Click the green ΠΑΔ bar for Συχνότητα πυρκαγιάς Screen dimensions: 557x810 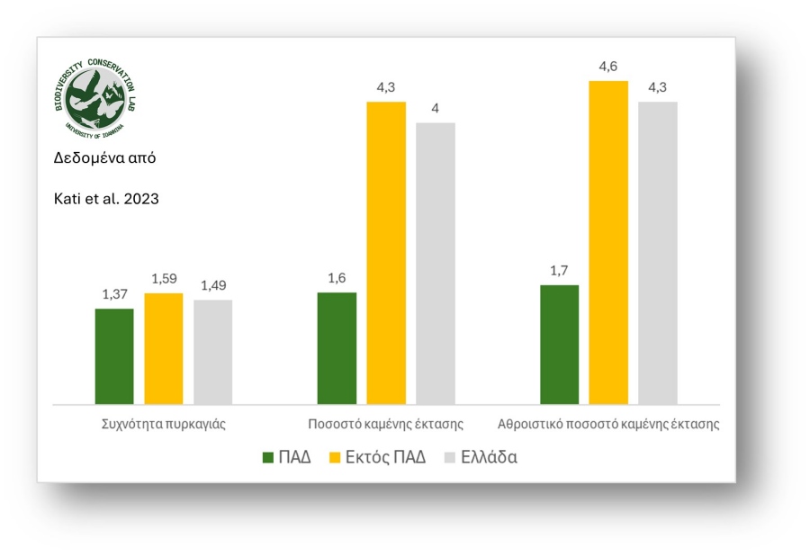point(114,356)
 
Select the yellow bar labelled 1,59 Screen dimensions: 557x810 point(163,349)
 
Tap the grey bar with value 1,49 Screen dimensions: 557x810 point(212,352)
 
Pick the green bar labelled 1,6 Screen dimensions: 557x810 point(337,348)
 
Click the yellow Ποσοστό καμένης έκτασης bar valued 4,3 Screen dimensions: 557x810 point(386,253)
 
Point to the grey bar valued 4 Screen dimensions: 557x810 point(436,264)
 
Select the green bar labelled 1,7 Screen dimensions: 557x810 point(559,345)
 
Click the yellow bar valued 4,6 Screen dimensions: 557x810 point(608,243)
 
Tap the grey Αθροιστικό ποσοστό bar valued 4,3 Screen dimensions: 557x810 point(658,253)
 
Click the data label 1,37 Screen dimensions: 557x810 point(114,295)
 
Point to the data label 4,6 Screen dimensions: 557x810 point(608,67)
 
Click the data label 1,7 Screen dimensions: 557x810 point(559,271)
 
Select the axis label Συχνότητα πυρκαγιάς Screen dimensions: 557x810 point(163,423)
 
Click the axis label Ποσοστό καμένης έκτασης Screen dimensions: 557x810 point(385,423)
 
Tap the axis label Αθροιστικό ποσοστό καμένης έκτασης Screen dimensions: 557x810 point(608,423)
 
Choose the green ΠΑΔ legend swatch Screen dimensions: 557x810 point(267,458)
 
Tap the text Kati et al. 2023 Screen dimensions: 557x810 point(107,199)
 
